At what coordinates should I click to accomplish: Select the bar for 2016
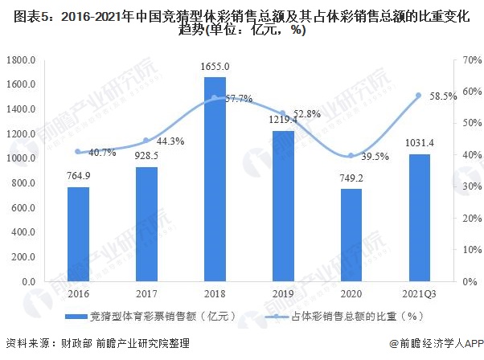[78, 234]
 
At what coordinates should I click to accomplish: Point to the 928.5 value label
[146, 156]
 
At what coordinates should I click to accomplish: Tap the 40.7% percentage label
[100, 152]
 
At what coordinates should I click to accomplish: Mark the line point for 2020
[351, 156]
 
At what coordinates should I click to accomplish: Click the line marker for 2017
[146, 141]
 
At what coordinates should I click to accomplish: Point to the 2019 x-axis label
[282, 294]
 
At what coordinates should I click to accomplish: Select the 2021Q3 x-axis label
[418, 294]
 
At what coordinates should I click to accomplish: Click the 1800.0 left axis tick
[21, 59]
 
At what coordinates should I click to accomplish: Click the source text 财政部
[75, 344]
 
